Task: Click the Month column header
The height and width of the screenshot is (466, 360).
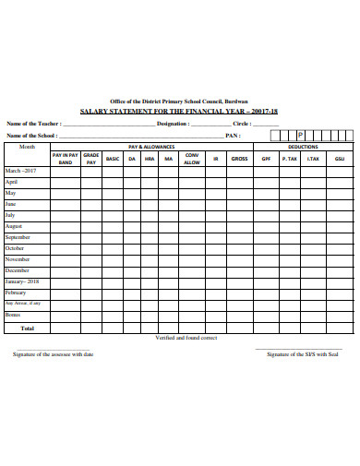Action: tap(27, 147)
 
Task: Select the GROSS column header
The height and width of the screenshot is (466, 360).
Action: tap(240, 159)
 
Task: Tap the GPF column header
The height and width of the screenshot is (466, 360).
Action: tap(266, 159)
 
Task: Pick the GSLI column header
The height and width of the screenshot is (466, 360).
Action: tap(340, 159)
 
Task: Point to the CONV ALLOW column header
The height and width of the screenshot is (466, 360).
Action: tap(192, 159)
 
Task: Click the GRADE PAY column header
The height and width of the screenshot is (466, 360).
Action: tap(91, 159)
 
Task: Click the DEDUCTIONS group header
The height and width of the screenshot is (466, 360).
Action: tap(303, 147)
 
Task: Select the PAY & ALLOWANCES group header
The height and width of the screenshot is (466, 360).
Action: tap(151, 147)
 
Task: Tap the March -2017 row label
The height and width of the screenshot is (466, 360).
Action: tap(21, 172)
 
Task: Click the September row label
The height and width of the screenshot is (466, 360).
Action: tap(18, 237)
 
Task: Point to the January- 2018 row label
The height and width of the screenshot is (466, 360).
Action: tap(22, 281)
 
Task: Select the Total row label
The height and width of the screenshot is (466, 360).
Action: tap(27, 328)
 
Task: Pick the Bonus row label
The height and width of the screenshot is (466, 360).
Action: tap(13, 315)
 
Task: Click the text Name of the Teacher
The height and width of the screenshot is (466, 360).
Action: tap(34, 123)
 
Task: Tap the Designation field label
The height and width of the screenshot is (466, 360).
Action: tap(174, 123)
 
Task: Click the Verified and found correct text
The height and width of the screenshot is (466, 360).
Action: tap(186, 338)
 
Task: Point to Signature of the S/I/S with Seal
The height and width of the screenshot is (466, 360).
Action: tap(303, 354)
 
